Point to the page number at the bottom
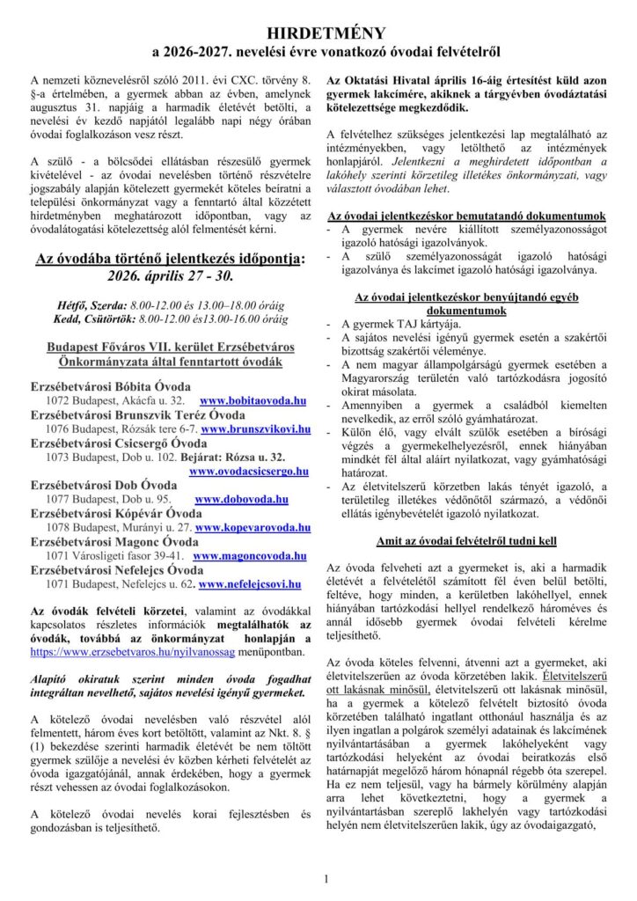[x=325, y=878]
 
